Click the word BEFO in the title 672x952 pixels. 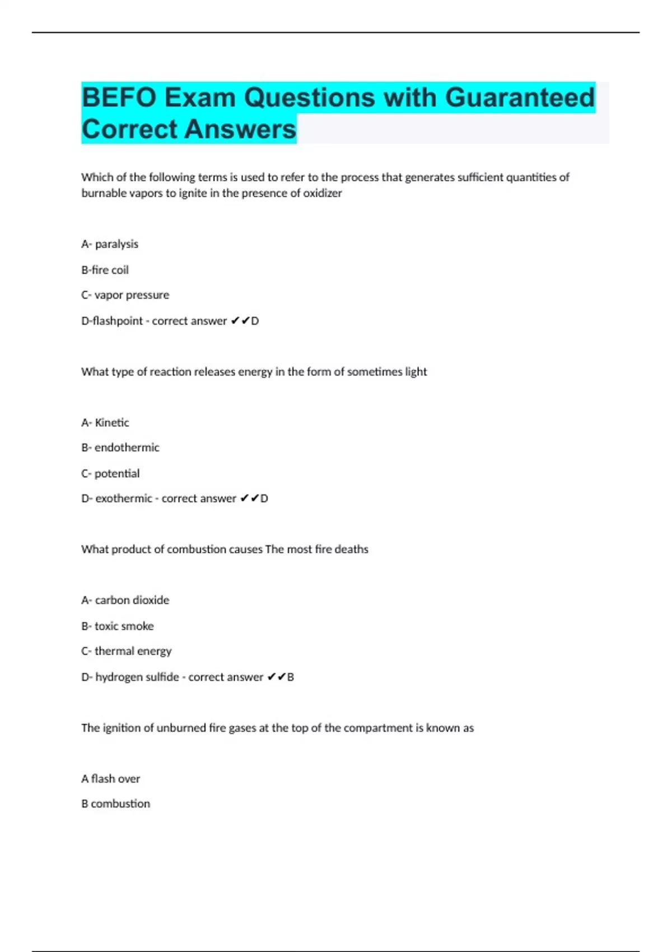[119, 97]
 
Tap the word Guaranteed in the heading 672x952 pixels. [520, 97]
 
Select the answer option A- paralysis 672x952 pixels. [110, 244]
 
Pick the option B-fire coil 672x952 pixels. [105, 270]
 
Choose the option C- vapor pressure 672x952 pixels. [125, 295]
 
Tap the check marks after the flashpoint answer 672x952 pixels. [240, 321]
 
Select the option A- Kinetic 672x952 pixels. [105, 423]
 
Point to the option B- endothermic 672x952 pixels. [120, 447]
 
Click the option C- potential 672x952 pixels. [110, 473]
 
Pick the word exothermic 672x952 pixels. [123, 498]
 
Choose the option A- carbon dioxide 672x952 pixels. [125, 600]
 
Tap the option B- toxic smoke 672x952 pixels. [118, 626]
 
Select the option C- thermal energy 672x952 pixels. [127, 651]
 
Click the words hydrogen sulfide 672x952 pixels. [137, 677]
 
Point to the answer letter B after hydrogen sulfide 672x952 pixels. [291, 677]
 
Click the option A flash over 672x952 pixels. [110, 779]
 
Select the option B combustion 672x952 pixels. [115, 804]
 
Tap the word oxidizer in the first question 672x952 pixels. [322, 193]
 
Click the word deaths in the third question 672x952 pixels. [351, 549]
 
